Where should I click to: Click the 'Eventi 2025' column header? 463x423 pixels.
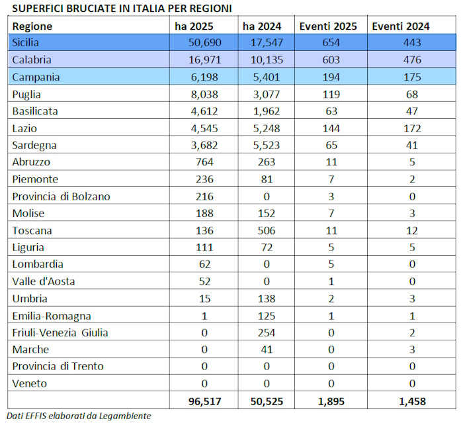(328, 26)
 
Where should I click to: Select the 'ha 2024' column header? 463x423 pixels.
(262, 26)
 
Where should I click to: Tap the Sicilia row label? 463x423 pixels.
(25, 42)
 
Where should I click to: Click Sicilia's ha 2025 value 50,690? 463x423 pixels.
(204, 42)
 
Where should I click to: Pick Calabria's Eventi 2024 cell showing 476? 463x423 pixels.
(412, 60)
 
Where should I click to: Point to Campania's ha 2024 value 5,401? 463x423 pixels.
(267, 77)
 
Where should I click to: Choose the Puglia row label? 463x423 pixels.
(26, 95)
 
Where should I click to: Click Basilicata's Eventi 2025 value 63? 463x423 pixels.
(331, 111)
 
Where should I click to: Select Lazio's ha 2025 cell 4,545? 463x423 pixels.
(204, 128)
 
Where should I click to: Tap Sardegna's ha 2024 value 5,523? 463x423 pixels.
(267, 145)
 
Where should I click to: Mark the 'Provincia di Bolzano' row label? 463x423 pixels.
(61, 196)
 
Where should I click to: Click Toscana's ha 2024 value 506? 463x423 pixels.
(267, 231)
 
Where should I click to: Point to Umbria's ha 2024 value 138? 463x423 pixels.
(267, 299)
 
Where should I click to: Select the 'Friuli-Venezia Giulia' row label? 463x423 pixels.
(60, 332)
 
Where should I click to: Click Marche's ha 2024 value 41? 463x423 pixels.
(267, 350)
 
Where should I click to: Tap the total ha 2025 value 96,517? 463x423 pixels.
(204, 401)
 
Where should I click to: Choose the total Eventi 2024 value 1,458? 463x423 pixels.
(412, 401)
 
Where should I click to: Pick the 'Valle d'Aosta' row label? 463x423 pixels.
(44, 282)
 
